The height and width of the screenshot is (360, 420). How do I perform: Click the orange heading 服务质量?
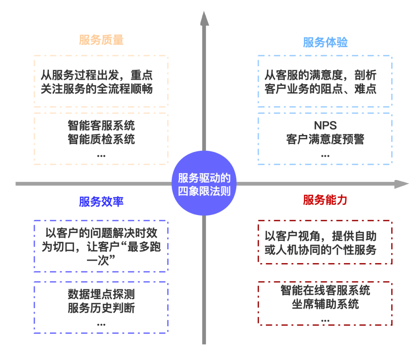101,40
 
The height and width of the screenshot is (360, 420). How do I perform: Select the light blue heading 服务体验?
325,43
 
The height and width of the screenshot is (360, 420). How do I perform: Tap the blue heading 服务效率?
101,202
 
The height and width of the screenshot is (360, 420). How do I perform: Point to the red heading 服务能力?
325,200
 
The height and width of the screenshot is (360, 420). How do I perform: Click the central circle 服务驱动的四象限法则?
204,184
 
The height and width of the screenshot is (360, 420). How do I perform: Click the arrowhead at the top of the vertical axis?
204,18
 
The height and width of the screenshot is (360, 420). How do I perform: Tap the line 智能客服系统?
101,126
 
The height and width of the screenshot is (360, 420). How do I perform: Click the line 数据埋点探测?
101,295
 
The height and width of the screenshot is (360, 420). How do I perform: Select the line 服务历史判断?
101,308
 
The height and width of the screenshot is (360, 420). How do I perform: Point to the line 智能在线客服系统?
325,290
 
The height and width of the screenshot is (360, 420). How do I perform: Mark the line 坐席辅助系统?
325,304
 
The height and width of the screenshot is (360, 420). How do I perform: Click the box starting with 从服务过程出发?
101,82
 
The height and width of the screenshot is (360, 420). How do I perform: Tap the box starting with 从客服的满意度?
325,82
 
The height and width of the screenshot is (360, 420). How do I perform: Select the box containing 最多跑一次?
101,246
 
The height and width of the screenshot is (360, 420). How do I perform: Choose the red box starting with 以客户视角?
325,242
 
